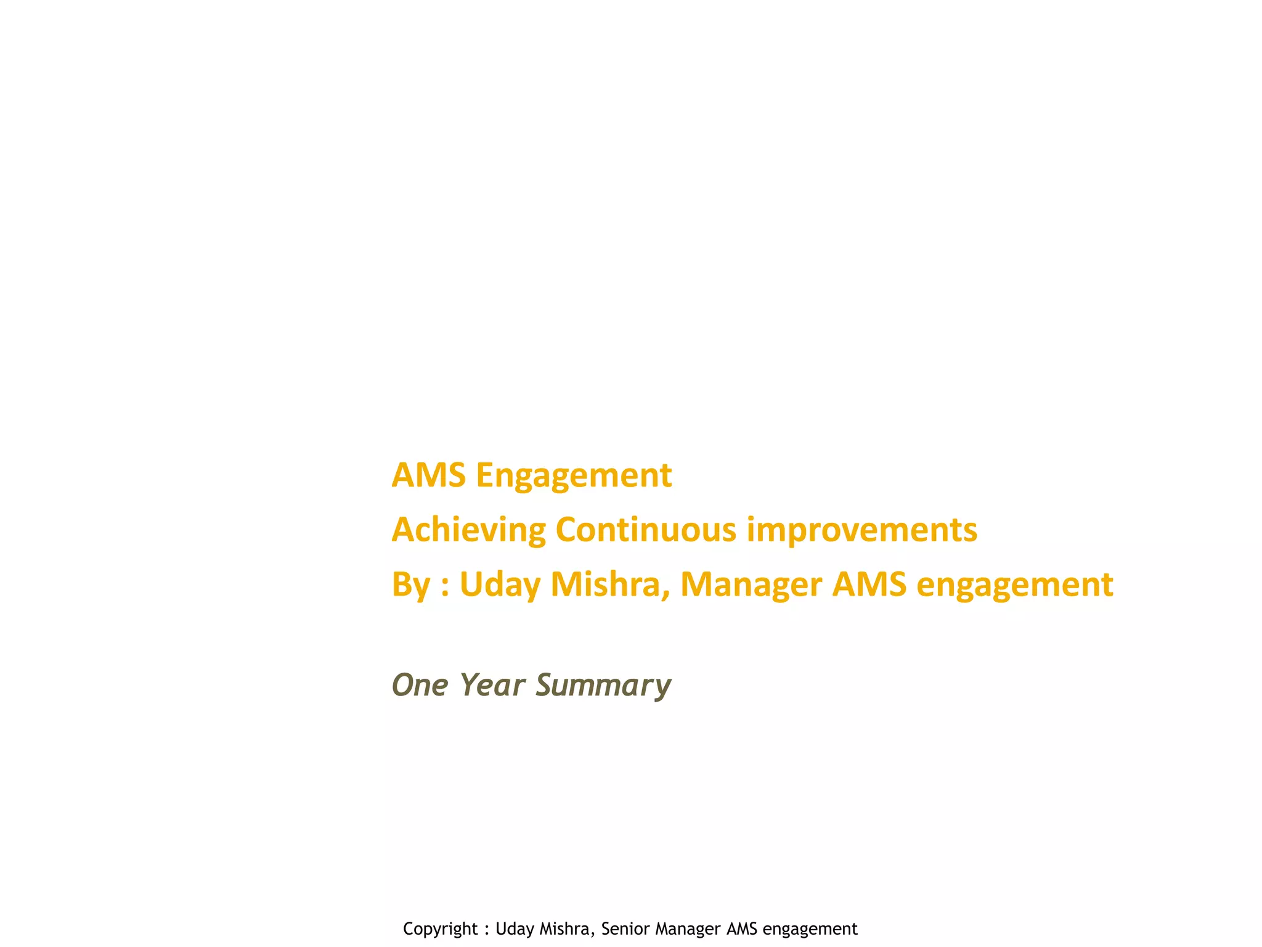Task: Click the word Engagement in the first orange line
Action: (x=573, y=476)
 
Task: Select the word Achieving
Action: (x=468, y=530)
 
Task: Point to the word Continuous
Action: (x=645, y=530)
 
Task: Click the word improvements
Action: (x=861, y=530)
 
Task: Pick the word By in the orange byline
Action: (x=410, y=584)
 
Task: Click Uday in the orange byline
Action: (x=500, y=584)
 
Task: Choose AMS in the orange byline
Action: (x=869, y=584)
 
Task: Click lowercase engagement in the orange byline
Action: (x=1014, y=584)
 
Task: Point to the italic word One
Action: (x=420, y=685)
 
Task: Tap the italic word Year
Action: (x=492, y=685)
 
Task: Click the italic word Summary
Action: (x=603, y=685)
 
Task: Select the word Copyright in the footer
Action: (x=440, y=929)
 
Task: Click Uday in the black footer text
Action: (x=515, y=929)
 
